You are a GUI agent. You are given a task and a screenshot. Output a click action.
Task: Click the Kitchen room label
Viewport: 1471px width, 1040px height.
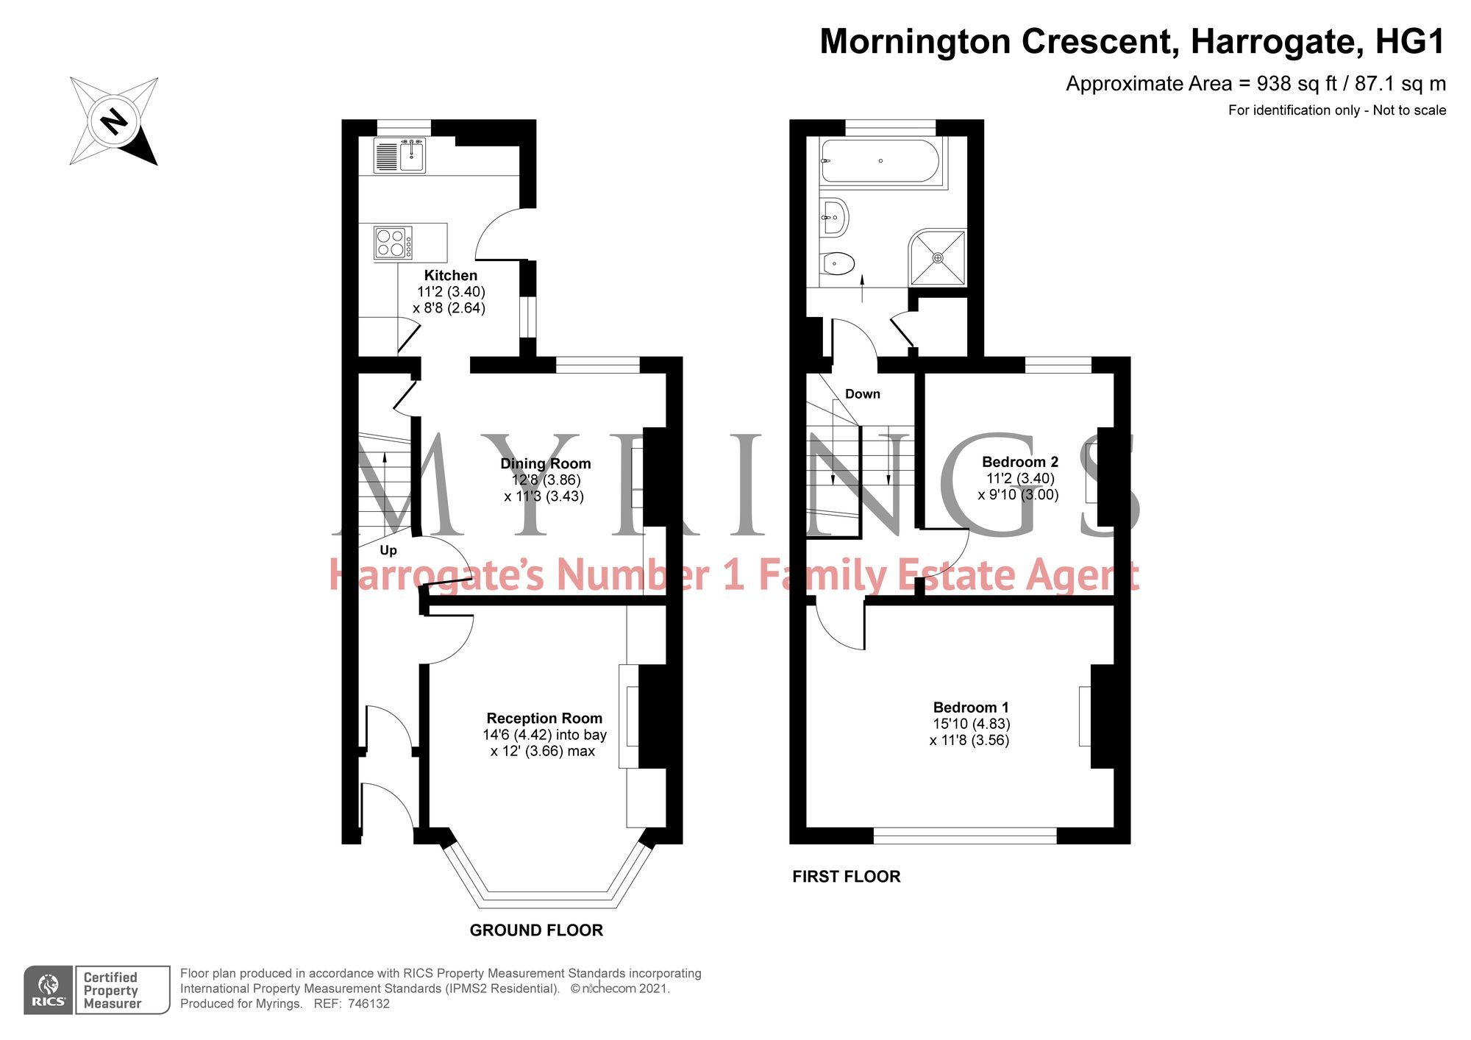click(450, 276)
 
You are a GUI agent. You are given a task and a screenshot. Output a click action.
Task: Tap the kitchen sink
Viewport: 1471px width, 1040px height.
click(412, 156)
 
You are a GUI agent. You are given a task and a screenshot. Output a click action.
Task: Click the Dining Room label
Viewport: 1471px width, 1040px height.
click(545, 463)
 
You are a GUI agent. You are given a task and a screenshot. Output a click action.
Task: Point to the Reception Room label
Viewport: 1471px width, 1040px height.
click(544, 718)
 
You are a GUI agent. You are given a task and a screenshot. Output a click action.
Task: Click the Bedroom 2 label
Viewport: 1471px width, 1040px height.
click(1019, 462)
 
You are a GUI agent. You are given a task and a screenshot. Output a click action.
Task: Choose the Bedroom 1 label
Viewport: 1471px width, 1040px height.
click(971, 707)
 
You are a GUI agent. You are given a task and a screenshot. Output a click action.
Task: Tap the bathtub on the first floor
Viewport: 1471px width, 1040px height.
click(880, 160)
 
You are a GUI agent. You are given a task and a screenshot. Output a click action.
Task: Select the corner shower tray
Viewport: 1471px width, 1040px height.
click(938, 257)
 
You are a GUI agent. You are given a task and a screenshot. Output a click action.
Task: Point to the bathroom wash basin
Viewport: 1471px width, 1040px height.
click(835, 216)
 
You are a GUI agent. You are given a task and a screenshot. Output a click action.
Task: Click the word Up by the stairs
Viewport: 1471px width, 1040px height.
click(388, 550)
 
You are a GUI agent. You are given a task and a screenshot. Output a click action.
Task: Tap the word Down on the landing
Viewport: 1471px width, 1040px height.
click(862, 394)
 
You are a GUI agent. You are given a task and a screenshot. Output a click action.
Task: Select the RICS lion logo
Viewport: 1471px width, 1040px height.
click(49, 990)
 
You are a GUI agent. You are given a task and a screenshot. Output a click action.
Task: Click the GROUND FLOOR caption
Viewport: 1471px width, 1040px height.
click(536, 930)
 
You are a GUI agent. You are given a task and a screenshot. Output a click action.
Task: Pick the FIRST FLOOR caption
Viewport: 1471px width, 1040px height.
click(846, 877)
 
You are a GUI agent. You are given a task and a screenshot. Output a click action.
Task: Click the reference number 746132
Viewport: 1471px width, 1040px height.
click(368, 1004)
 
